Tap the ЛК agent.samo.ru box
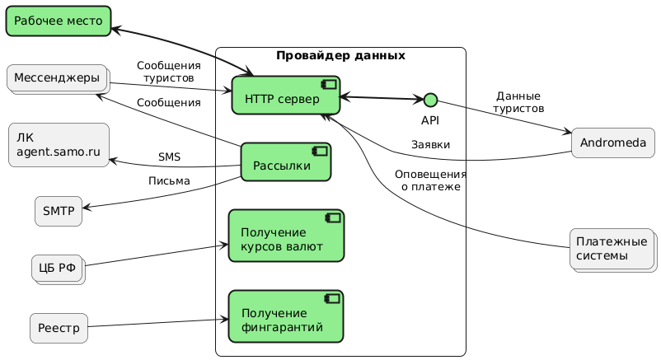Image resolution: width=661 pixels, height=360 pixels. pyautogui.click(x=58, y=145)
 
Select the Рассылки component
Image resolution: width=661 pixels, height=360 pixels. pyautogui.click(x=285, y=162)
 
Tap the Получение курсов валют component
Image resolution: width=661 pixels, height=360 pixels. pyautogui.click(x=285, y=235)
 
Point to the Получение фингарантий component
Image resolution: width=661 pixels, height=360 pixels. pyautogui.click(x=285, y=316)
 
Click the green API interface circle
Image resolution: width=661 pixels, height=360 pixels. pyautogui.click(x=429, y=101)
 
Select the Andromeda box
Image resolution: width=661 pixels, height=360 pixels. pyautogui.click(x=612, y=143)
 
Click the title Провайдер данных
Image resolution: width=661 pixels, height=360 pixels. pyautogui.click(x=340, y=56)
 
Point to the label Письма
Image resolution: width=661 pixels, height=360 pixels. pyautogui.click(x=169, y=180)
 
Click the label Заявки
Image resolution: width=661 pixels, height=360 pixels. pyautogui.click(x=430, y=145)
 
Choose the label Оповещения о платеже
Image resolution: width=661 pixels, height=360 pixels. pyautogui.click(x=430, y=181)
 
